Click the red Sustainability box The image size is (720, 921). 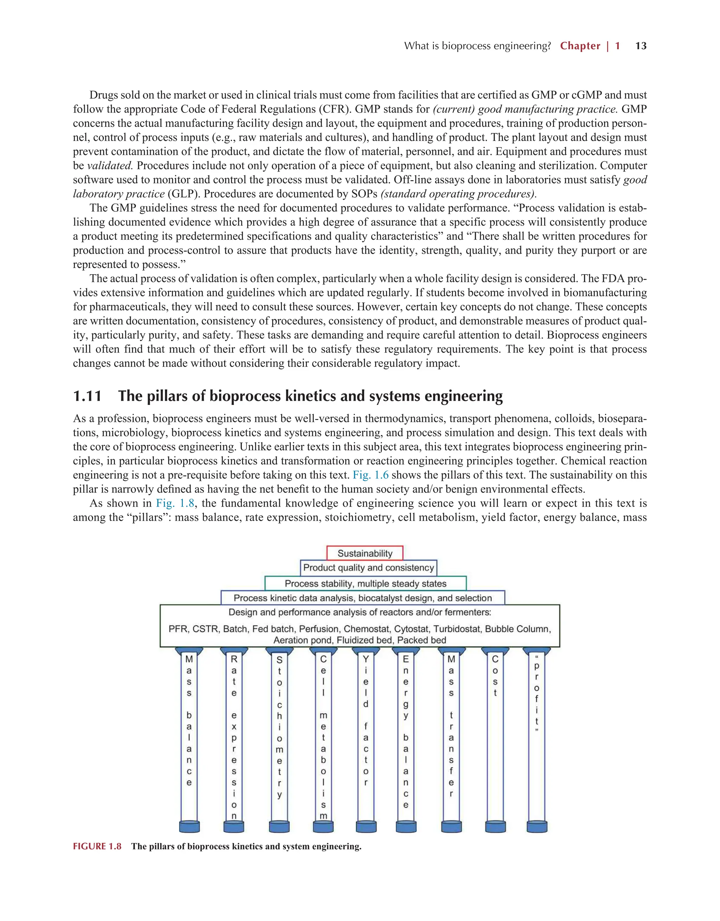[x=365, y=553]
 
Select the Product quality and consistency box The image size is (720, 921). [x=368, y=568]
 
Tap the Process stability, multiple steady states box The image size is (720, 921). [x=365, y=584]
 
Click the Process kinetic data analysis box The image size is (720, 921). [x=363, y=598]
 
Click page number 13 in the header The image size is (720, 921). [x=641, y=46]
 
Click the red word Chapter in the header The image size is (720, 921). [x=580, y=46]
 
